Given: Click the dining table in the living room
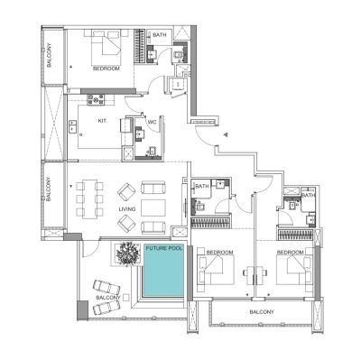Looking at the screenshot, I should click(88, 199).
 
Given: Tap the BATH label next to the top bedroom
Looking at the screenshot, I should click(160, 35).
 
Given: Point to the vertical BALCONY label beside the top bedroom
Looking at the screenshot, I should click(51, 56).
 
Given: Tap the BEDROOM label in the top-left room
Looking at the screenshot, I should click(107, 69).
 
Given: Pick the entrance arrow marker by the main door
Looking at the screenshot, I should click(223, 132).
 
